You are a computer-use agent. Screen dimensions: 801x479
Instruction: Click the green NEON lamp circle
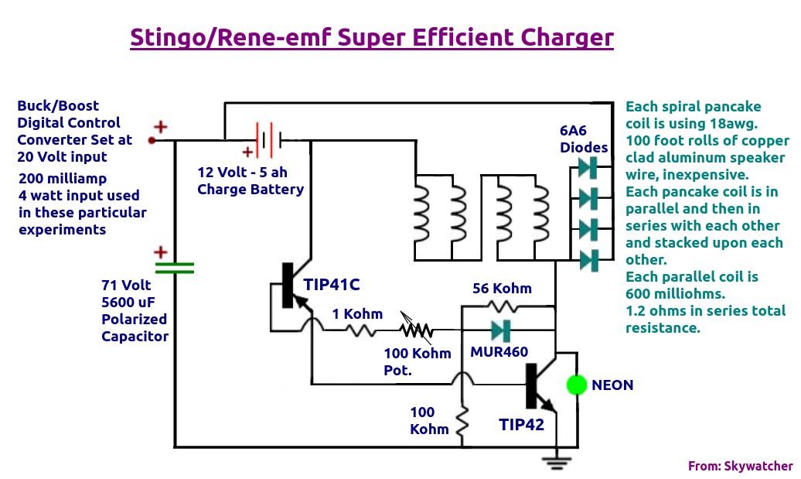click(577, 385)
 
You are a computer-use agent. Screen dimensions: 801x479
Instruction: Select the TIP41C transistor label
click(332, 284)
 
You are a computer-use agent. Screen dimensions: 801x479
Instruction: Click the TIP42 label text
click(521, 424)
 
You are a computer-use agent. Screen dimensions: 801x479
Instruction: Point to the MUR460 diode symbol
click(501, 330)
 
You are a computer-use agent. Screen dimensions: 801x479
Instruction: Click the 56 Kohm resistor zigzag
click(503, 306)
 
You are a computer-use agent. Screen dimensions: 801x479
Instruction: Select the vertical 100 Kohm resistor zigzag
click(462, 422)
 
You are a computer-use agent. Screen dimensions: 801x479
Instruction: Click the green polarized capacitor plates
click(174, 268)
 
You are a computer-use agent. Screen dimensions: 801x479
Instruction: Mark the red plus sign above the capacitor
click(160, 252)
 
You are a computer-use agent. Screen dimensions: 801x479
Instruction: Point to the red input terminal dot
click(152, 140)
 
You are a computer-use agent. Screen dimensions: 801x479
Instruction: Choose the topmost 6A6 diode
click(588, 167)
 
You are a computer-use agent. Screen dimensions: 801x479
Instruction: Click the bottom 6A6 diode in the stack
click(588, 261)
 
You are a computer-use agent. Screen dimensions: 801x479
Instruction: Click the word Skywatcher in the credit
click(758, 466)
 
